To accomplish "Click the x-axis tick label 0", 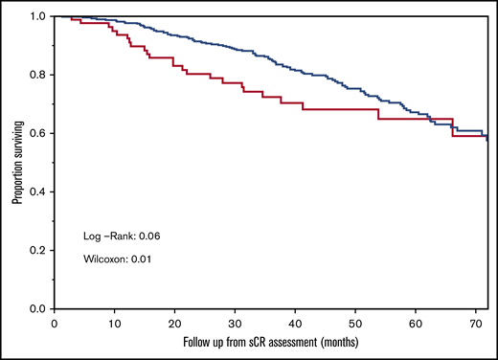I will point(55,322).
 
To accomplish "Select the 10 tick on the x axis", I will point(115,322).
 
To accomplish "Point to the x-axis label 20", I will point(175,322).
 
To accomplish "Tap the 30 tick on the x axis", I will point(236,322).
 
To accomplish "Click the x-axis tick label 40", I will point(296,322).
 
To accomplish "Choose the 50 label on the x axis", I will point(355,322).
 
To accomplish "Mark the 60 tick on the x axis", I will point(416,322).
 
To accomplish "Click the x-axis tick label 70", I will point(476,322).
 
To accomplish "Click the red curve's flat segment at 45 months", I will point(326,109).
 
